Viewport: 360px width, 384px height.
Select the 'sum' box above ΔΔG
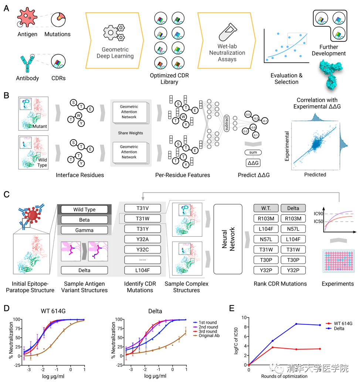253,152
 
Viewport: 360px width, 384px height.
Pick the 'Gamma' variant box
84,230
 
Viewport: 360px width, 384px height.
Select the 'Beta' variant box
84,219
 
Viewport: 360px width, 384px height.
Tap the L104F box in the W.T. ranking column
266,229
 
